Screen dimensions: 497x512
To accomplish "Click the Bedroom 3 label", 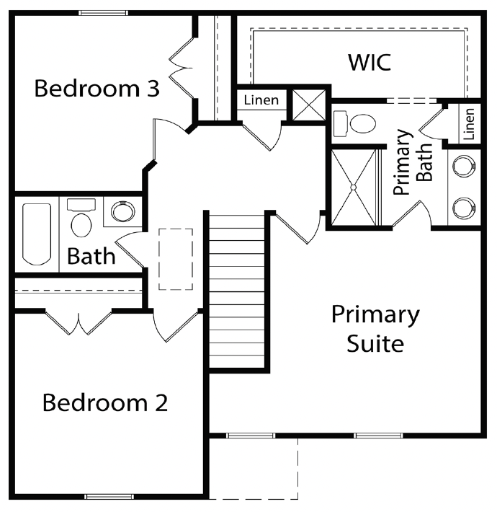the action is coord(97,88).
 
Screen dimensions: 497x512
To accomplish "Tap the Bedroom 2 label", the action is coord(105,402).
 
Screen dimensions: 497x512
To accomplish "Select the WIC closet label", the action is coord(370,62).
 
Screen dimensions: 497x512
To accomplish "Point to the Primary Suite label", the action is coord(375,329).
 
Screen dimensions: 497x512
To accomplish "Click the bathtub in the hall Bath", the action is coord(37,234).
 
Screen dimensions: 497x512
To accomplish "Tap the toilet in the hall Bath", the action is coord(81,218).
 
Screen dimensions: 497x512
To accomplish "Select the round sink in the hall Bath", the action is coord(122,211).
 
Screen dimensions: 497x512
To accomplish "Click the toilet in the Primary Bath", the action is coord(354,123).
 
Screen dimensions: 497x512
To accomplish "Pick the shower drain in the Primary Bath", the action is coord(354,187).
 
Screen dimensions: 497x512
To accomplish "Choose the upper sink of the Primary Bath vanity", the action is coord(464,166).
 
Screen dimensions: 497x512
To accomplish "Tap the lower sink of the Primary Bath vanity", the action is coord(464,208).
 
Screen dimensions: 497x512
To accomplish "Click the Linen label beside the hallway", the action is coord(261,100).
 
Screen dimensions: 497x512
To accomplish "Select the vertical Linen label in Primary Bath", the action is coord(469,124).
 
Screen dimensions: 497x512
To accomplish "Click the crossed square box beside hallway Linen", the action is coord(309,105).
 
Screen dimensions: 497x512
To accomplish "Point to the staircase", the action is coord(236,291).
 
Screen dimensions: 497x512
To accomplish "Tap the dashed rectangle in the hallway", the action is coord(176,260).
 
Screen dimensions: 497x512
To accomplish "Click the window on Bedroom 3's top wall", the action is coord(103,13).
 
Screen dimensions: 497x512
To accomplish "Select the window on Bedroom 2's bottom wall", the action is coord(109,497).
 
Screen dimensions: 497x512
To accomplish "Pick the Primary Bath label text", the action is coord(413,162).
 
